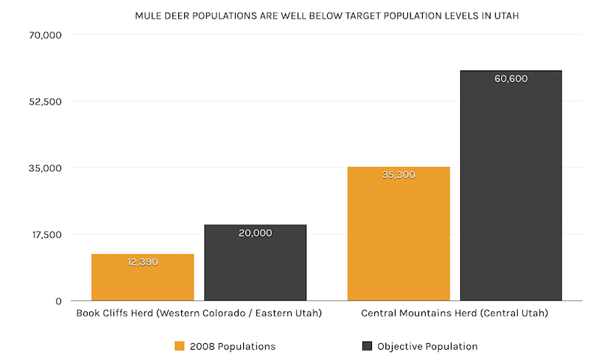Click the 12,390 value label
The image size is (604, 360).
coord(142,261)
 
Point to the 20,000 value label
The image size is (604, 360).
coord(255,233)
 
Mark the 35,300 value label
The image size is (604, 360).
coord(398,175)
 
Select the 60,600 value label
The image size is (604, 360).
coord(510,79)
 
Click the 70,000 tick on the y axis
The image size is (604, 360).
coord(46,35)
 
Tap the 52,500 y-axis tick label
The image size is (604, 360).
coord(46,101)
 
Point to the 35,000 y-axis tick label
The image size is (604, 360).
coord(46,168)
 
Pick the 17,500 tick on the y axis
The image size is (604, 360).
coord(46,234)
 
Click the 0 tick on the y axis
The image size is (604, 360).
coord(57,300)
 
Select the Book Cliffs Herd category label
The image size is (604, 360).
coord(199,313)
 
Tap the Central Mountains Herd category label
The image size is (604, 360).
coord(454,313)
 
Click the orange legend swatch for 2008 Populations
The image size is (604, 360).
coord(180,346)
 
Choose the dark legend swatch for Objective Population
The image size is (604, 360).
coord(367,346)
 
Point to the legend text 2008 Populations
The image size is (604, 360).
coord(232,346)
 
